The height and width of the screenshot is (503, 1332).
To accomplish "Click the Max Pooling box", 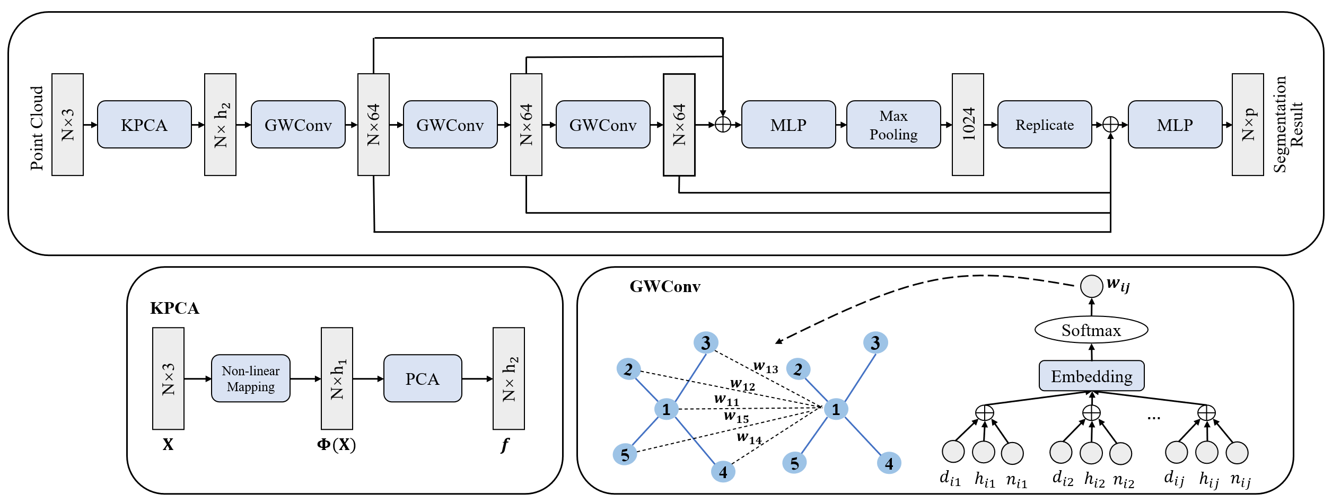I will [893, 125].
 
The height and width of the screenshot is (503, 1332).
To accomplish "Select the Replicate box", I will [1044, 125].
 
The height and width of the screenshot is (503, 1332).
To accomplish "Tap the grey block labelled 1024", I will [968, 125].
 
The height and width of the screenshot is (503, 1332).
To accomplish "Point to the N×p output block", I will [1248, 125].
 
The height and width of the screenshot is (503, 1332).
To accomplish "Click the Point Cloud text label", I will [37, 128].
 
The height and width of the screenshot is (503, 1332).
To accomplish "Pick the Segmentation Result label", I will [1287, 125].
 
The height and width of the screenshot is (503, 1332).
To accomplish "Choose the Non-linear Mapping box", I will [250, 378].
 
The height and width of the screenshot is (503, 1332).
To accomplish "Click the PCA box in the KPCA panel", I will [423, 378].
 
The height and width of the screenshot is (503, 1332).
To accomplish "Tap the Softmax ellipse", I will [1091, 330].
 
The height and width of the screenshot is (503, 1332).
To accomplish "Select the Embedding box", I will [1091, 376].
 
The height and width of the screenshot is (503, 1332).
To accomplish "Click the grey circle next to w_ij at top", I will [1091, 286].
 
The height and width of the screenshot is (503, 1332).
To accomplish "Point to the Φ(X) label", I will [336, 445].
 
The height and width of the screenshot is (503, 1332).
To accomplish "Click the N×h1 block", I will [337, 378].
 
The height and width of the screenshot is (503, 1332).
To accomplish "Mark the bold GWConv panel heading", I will [665, 287].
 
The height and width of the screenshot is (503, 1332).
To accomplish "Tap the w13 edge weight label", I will [766, 367].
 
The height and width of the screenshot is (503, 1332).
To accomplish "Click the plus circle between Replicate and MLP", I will [1110, 125].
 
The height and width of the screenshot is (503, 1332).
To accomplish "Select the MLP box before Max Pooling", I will [788, 125].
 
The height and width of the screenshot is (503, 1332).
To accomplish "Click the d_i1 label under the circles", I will [950, 479].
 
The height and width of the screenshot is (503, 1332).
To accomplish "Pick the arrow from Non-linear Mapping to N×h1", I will [305, 379].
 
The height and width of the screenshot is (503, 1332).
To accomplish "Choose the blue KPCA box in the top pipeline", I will [144, 125].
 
